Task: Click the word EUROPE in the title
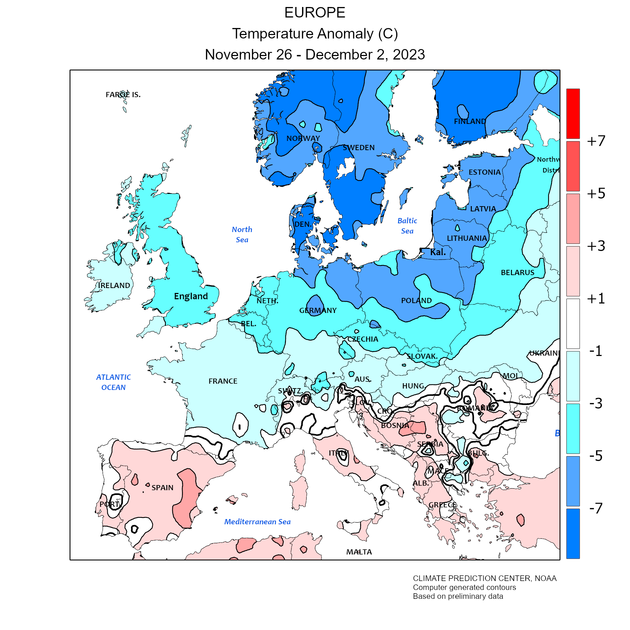pos(315,13)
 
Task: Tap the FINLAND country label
pos(470,121)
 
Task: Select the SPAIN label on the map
pos(162,488)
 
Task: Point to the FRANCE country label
pos(223,381)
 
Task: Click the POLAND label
pos(416,301)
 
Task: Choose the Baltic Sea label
pos(407,226)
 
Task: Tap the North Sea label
pos(242,234)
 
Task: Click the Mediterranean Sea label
pos(257,522)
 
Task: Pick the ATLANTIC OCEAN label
pos(113,382)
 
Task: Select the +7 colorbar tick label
pos(596,141)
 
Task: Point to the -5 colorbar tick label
pos(596,456)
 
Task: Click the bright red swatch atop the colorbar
pos(573,113)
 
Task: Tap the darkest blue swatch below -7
pos(573,533)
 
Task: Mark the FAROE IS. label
pos(123,94)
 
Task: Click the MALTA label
pos(359,552)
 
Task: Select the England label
pos(191,296)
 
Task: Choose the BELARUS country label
pos(517,273)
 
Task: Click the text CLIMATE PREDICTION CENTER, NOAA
pos(484,579)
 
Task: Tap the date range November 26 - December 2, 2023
pos(315,55)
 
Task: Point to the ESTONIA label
pos(484,172)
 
